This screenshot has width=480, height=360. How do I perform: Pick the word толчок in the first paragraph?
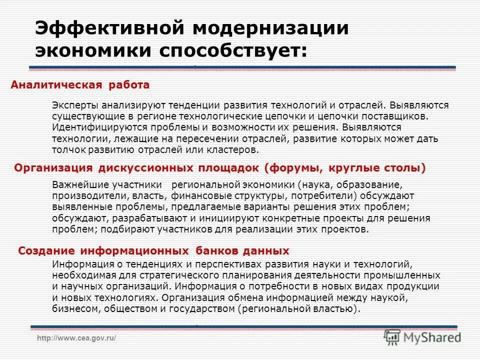[x=66, y=149]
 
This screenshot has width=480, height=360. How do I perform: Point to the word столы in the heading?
[x=403, y=168]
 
